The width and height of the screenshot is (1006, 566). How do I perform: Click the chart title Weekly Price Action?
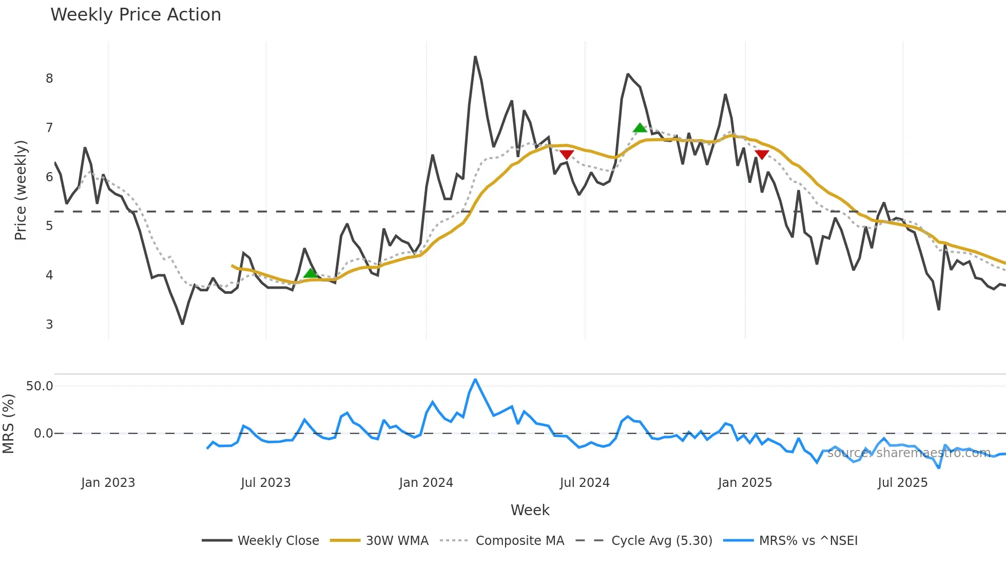[136, 15]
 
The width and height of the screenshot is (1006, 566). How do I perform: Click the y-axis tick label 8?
[49, 79]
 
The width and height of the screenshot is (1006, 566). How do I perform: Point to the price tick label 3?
[49, 325]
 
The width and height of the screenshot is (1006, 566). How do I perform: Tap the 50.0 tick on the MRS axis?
[40, 386]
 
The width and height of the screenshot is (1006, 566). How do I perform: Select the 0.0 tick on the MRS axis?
[43, 433]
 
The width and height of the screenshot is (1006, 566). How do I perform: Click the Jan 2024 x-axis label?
[426, 483]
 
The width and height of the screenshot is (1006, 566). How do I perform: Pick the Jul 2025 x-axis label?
[902, 483]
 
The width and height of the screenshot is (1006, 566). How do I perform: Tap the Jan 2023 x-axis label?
[108, 483]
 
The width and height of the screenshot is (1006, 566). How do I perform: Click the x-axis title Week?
[530, 510]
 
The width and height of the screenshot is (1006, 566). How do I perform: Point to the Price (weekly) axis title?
[21, 190]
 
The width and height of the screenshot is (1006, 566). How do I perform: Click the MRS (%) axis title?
[8, 424]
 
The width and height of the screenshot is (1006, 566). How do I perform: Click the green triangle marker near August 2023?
[310, 273]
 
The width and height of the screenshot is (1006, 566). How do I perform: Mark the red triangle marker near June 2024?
[567, 155]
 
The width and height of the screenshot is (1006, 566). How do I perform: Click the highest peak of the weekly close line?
[475, 57]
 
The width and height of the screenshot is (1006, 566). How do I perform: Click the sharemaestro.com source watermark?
[908, 453]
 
